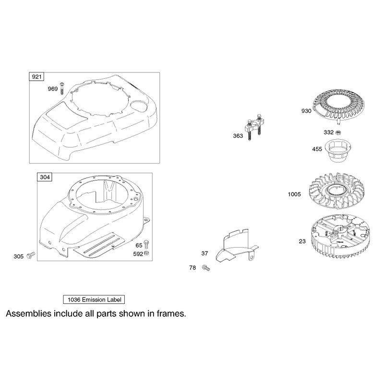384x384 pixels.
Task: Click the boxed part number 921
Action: (36, 77)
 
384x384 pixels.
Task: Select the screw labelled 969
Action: (62, 88)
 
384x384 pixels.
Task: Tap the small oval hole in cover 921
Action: (139, 105)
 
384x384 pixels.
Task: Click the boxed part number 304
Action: (45, 177)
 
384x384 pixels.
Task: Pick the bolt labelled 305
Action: (31, 255)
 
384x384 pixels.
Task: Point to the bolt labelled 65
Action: (146, 244)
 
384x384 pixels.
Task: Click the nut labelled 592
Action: (147, 253)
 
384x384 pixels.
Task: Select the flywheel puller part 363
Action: (254, 127)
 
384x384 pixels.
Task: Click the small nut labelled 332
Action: (338, 132)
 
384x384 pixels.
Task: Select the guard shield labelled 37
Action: (236, 246)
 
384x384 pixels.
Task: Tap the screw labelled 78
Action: (206, 268)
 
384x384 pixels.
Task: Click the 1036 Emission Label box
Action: (94, 300)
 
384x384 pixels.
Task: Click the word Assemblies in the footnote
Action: (29, 313)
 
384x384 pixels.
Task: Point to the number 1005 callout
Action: (294, 194)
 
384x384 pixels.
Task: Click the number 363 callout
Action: (238, 136)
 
